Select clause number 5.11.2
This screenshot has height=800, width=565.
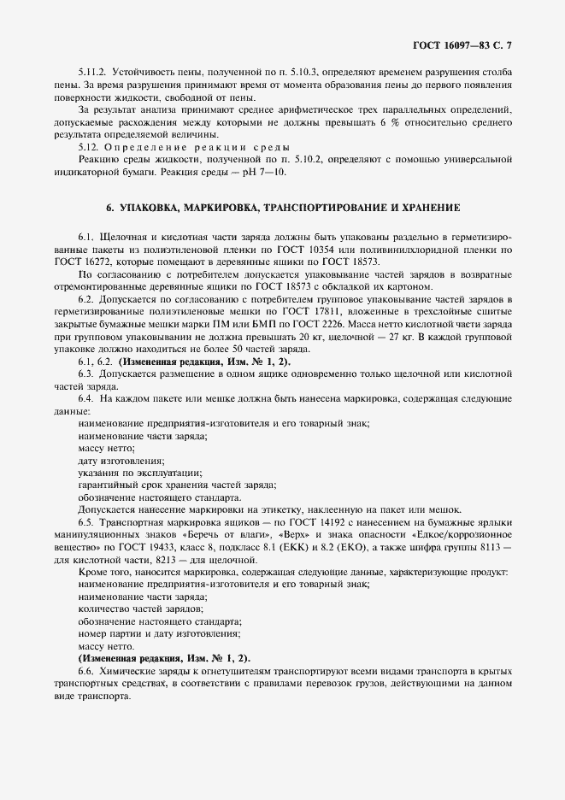point(91,72)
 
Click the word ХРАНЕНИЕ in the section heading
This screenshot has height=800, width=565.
point(429,208)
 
